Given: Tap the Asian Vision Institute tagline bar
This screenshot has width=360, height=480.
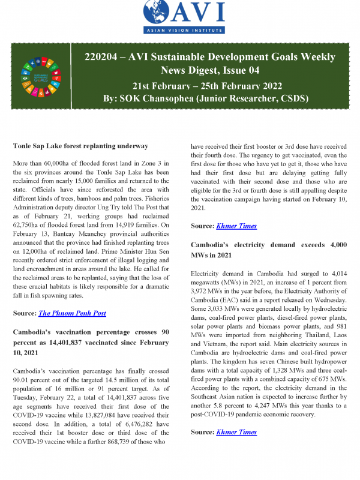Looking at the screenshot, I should [180, 30].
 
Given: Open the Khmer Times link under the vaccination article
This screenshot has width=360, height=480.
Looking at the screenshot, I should [238, 226].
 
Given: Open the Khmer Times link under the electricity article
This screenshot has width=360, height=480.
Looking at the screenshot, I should [238, 432].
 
